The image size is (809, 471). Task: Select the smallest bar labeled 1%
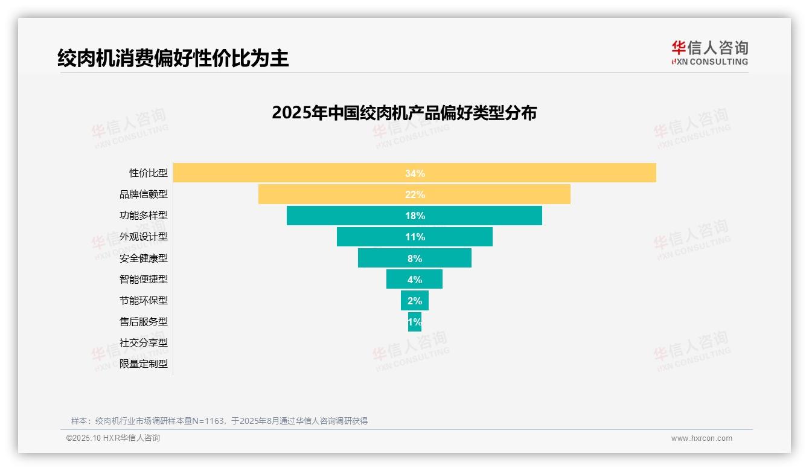click(415, 322)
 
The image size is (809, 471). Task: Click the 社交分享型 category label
click(144, 342)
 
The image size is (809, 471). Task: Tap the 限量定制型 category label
click(144, 364)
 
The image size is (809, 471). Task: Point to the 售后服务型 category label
click(144, 321)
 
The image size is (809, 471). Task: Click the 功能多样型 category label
click(144, 216)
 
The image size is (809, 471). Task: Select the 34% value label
click(415, 173)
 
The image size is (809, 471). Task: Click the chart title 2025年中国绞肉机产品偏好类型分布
click(404, 113)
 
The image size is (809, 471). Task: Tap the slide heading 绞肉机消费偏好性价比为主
click(173, 58)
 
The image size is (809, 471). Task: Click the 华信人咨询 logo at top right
click(709, 53)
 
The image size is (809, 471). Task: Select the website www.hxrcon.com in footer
click(702, 438)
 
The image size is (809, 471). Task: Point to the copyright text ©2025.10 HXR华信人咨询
click(113, 438)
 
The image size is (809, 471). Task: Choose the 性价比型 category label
click(149, 173)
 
